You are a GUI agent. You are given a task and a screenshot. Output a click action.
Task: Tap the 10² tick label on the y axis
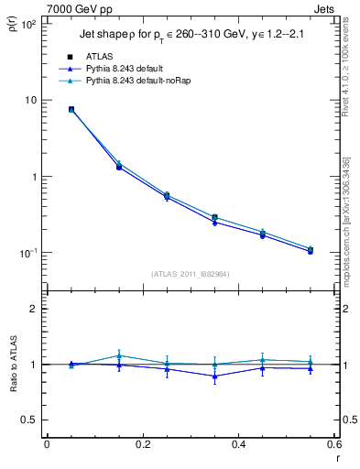[x=28, y=24]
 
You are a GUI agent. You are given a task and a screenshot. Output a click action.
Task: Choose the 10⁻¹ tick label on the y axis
[x=28, y=253]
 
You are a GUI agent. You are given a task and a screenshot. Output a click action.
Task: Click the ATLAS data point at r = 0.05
[x=71, y=109]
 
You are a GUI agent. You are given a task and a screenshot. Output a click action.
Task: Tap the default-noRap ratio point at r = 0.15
[x=119, y=355]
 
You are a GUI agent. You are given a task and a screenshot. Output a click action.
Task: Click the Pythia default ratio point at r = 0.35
[x=214, y=376]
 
